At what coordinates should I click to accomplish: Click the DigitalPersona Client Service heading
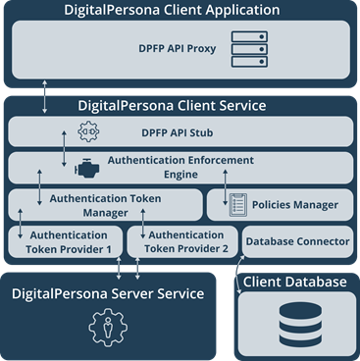tap(180, 104)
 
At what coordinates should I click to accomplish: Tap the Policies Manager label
tap(295, 205)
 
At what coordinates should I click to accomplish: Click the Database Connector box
tap(297, 241)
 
